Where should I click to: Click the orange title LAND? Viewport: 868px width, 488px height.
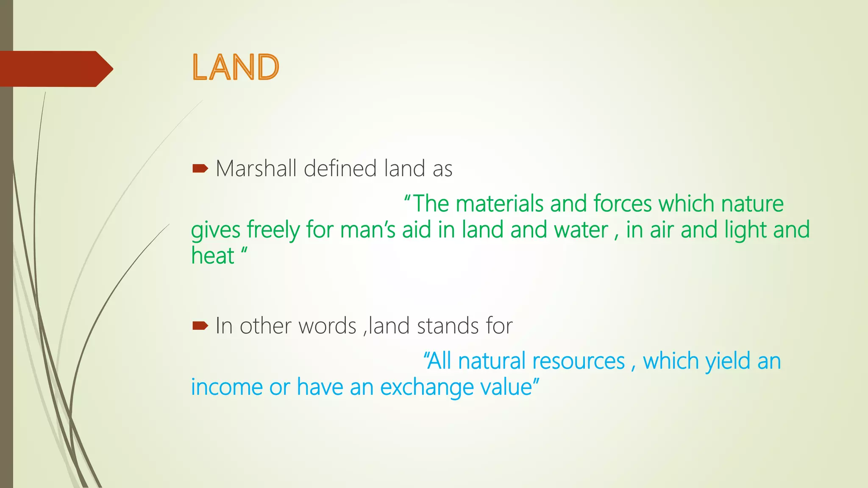click(x=236, y=68)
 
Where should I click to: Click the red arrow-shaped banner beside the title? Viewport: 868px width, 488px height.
click(x=55, y=69)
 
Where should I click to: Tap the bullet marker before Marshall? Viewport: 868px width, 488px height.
click(x=200, y=169)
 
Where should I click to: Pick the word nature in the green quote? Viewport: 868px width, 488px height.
click(x=752, y=204)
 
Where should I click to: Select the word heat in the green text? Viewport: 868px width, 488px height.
click(x=212, y=256)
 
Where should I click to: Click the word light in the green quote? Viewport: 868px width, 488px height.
click(x=746, y=230)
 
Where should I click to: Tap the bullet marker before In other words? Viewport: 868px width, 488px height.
click(x=200, y=326)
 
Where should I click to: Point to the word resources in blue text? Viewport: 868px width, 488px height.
click(x=579, y=361)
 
